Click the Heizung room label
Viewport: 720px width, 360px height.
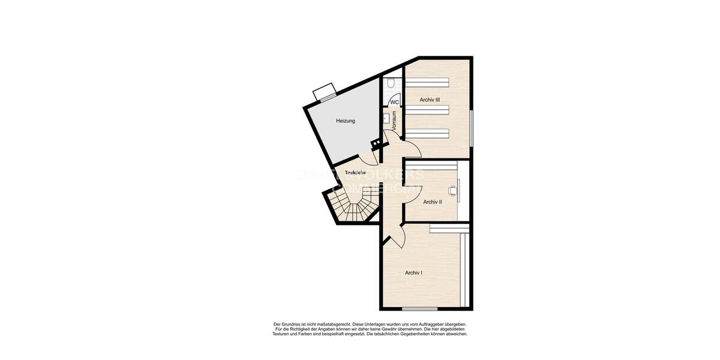click(345, 121)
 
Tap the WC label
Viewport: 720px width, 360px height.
click(394, 103)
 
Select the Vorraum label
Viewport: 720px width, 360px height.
click(394, 121)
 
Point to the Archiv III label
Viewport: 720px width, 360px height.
click(430, 100)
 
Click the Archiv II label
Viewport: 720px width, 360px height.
click(432, 202)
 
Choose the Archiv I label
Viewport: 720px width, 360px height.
click(413, 273)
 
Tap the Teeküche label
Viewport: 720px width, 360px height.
click(355, 173)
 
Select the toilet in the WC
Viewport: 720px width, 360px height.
click(391, 85)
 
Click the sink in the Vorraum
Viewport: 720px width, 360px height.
click(386, 118)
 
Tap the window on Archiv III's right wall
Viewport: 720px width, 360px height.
click(472, 127)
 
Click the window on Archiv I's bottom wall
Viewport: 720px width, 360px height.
click(419, 309)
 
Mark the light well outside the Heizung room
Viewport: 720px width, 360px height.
click(325, 91)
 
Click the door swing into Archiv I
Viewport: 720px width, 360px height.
click(397, 235)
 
